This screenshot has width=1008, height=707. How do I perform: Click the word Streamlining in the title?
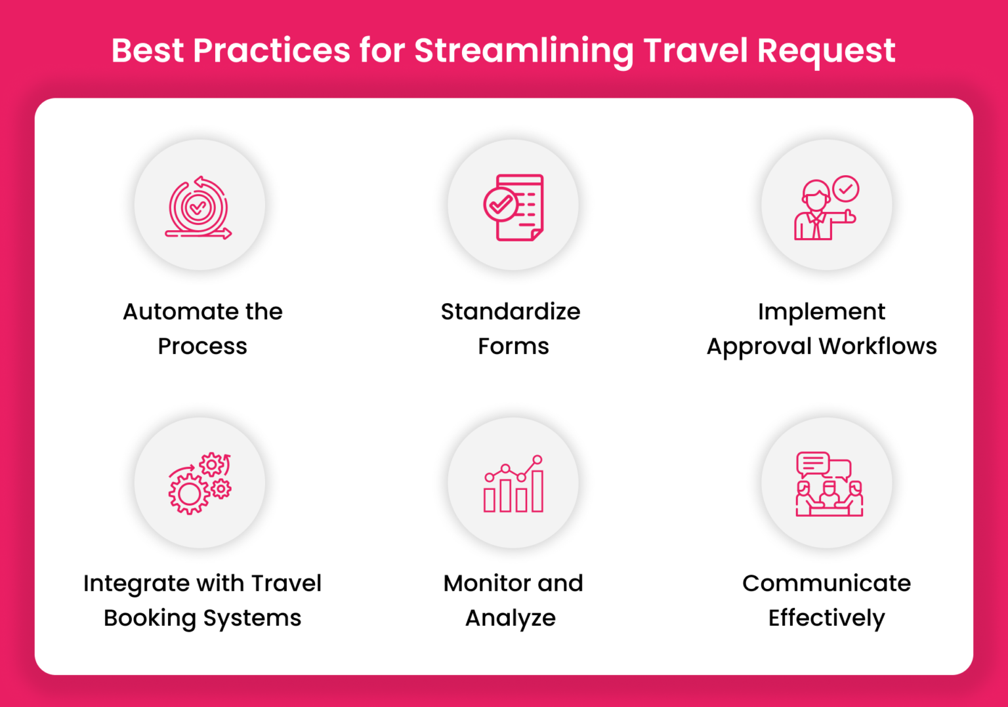pyautogui.click(x=523, y=51)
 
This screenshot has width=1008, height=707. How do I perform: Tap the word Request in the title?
pyautogui.click(x=826, y=51)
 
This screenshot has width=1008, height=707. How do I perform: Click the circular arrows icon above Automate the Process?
pyautogui.click(x=198, y=207)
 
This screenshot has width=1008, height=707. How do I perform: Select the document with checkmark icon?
pyautogui.click(x=514, y=207)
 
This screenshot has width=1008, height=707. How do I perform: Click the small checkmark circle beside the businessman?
pyautogui.click(x=846, y=189)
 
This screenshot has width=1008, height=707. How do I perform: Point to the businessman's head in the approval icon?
pyautogui.click(x=816, y=195)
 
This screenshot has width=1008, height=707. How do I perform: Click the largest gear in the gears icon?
pyautogui.click(x=189, y=494)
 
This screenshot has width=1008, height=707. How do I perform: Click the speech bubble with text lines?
pyautogui.click(x=812, y=464)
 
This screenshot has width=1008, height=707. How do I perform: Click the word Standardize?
pyautogui.click(x=510, y=312)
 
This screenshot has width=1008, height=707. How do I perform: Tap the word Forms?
pyautogui.click(x=513, y=346)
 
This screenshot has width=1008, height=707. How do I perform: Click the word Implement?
pyautogui.click(x=821, y=312)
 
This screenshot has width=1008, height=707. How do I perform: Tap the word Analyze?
pyautogui.click(x=510, y=618)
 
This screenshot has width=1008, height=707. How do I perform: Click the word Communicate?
pyautogui.click(x=826, y=583)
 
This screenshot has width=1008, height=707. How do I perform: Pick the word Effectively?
pyautogui.click(x=826, y=618)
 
